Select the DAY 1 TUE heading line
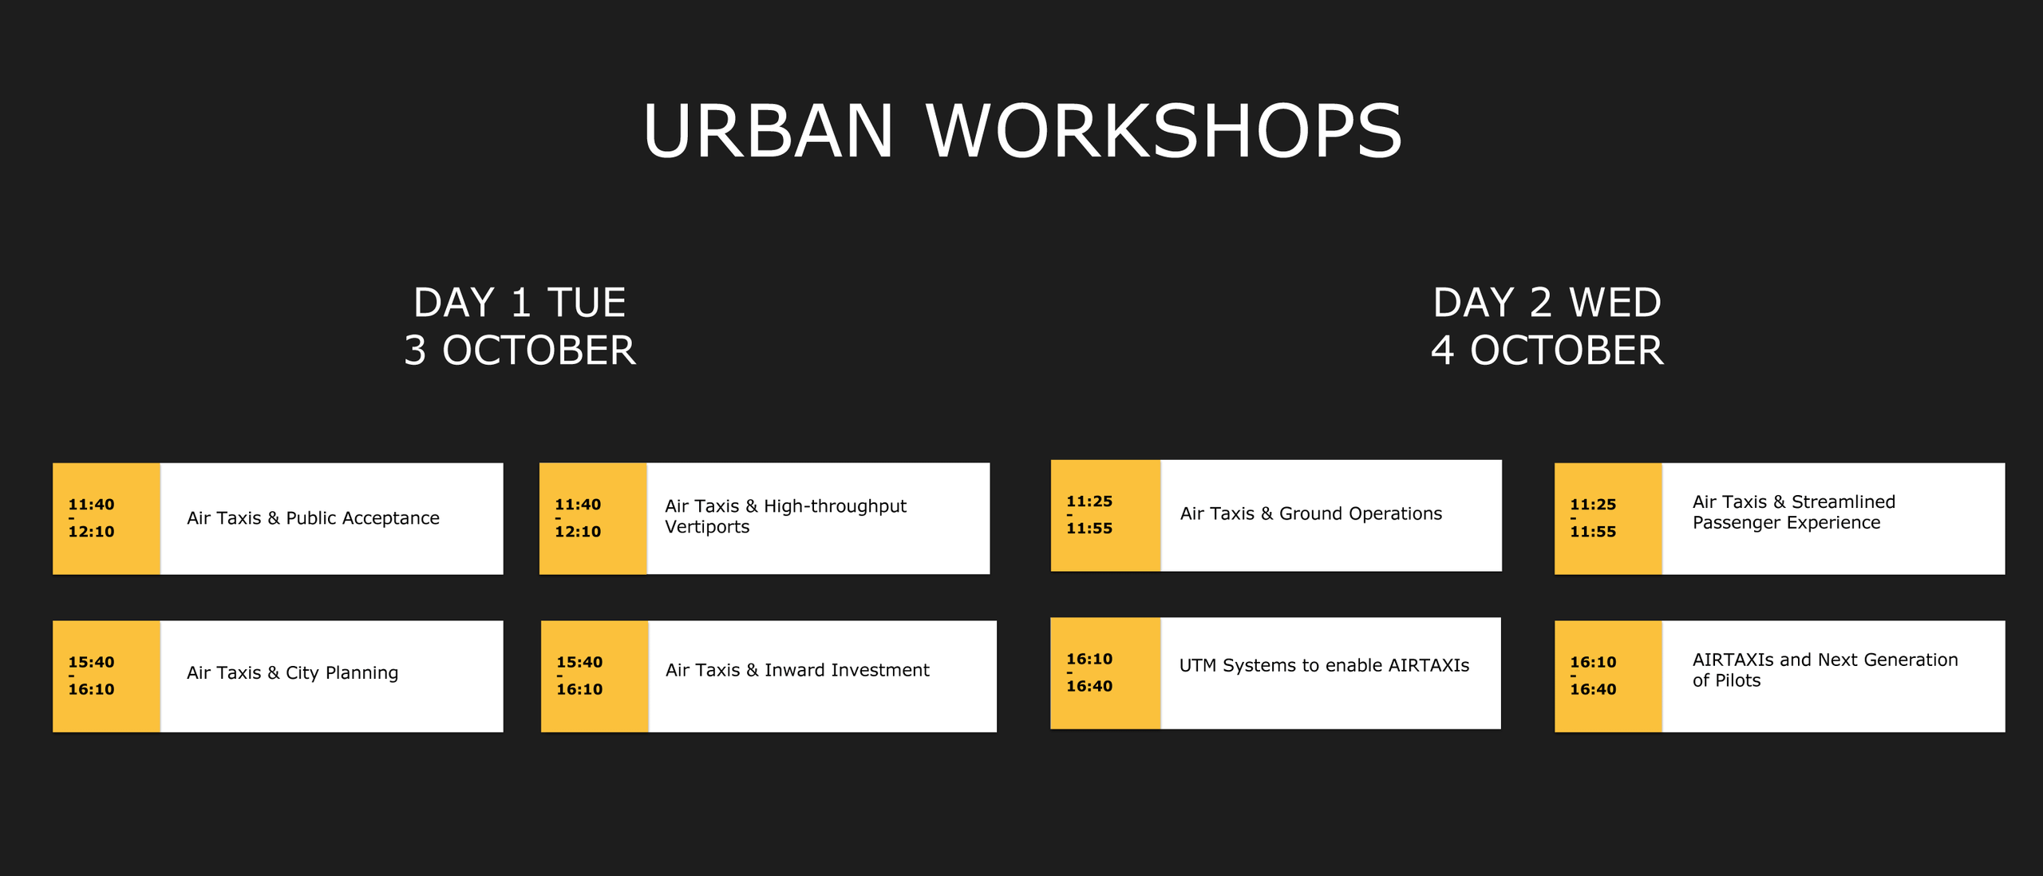coord(520,303)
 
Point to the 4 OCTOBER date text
coord(1547,351)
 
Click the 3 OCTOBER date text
coord(520,351)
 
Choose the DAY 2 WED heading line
coord(1547,303)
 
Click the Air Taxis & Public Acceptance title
coord(313,518)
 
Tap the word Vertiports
coord(707,527)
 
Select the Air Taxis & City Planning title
coord(292,673)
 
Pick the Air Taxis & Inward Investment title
coord(797,670)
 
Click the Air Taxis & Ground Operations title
coord(1311,513)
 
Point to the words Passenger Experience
coord(1786,523)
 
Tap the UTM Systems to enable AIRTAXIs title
coord(1324,665)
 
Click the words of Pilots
coord(1726,680)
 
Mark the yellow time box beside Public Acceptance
coord(107,518)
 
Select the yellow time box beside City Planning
coord(107,676)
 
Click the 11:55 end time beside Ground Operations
coord(1089,528)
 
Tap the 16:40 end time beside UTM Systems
coord(1089,686)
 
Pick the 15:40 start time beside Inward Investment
coord(579,662)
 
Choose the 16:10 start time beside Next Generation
coord(1593,662)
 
